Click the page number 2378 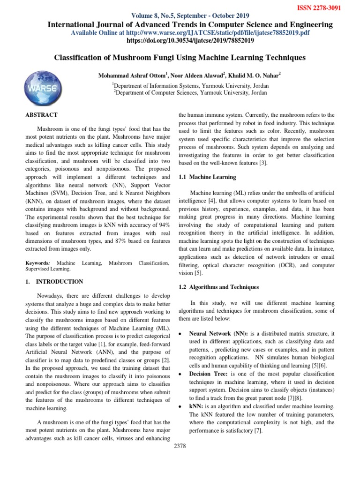pos(180,446)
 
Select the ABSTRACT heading pos(41,115)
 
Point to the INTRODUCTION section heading pos(60,282)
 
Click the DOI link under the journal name pos(190,41)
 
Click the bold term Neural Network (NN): pos(219,332)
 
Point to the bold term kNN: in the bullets pos(196,405)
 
